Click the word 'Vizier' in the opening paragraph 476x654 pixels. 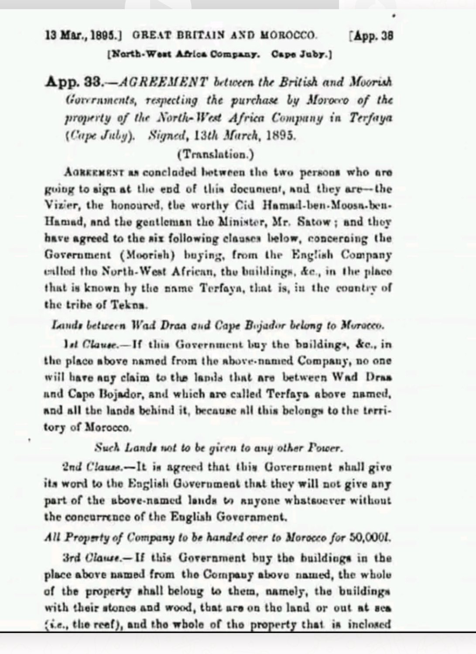coord(57,205)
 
